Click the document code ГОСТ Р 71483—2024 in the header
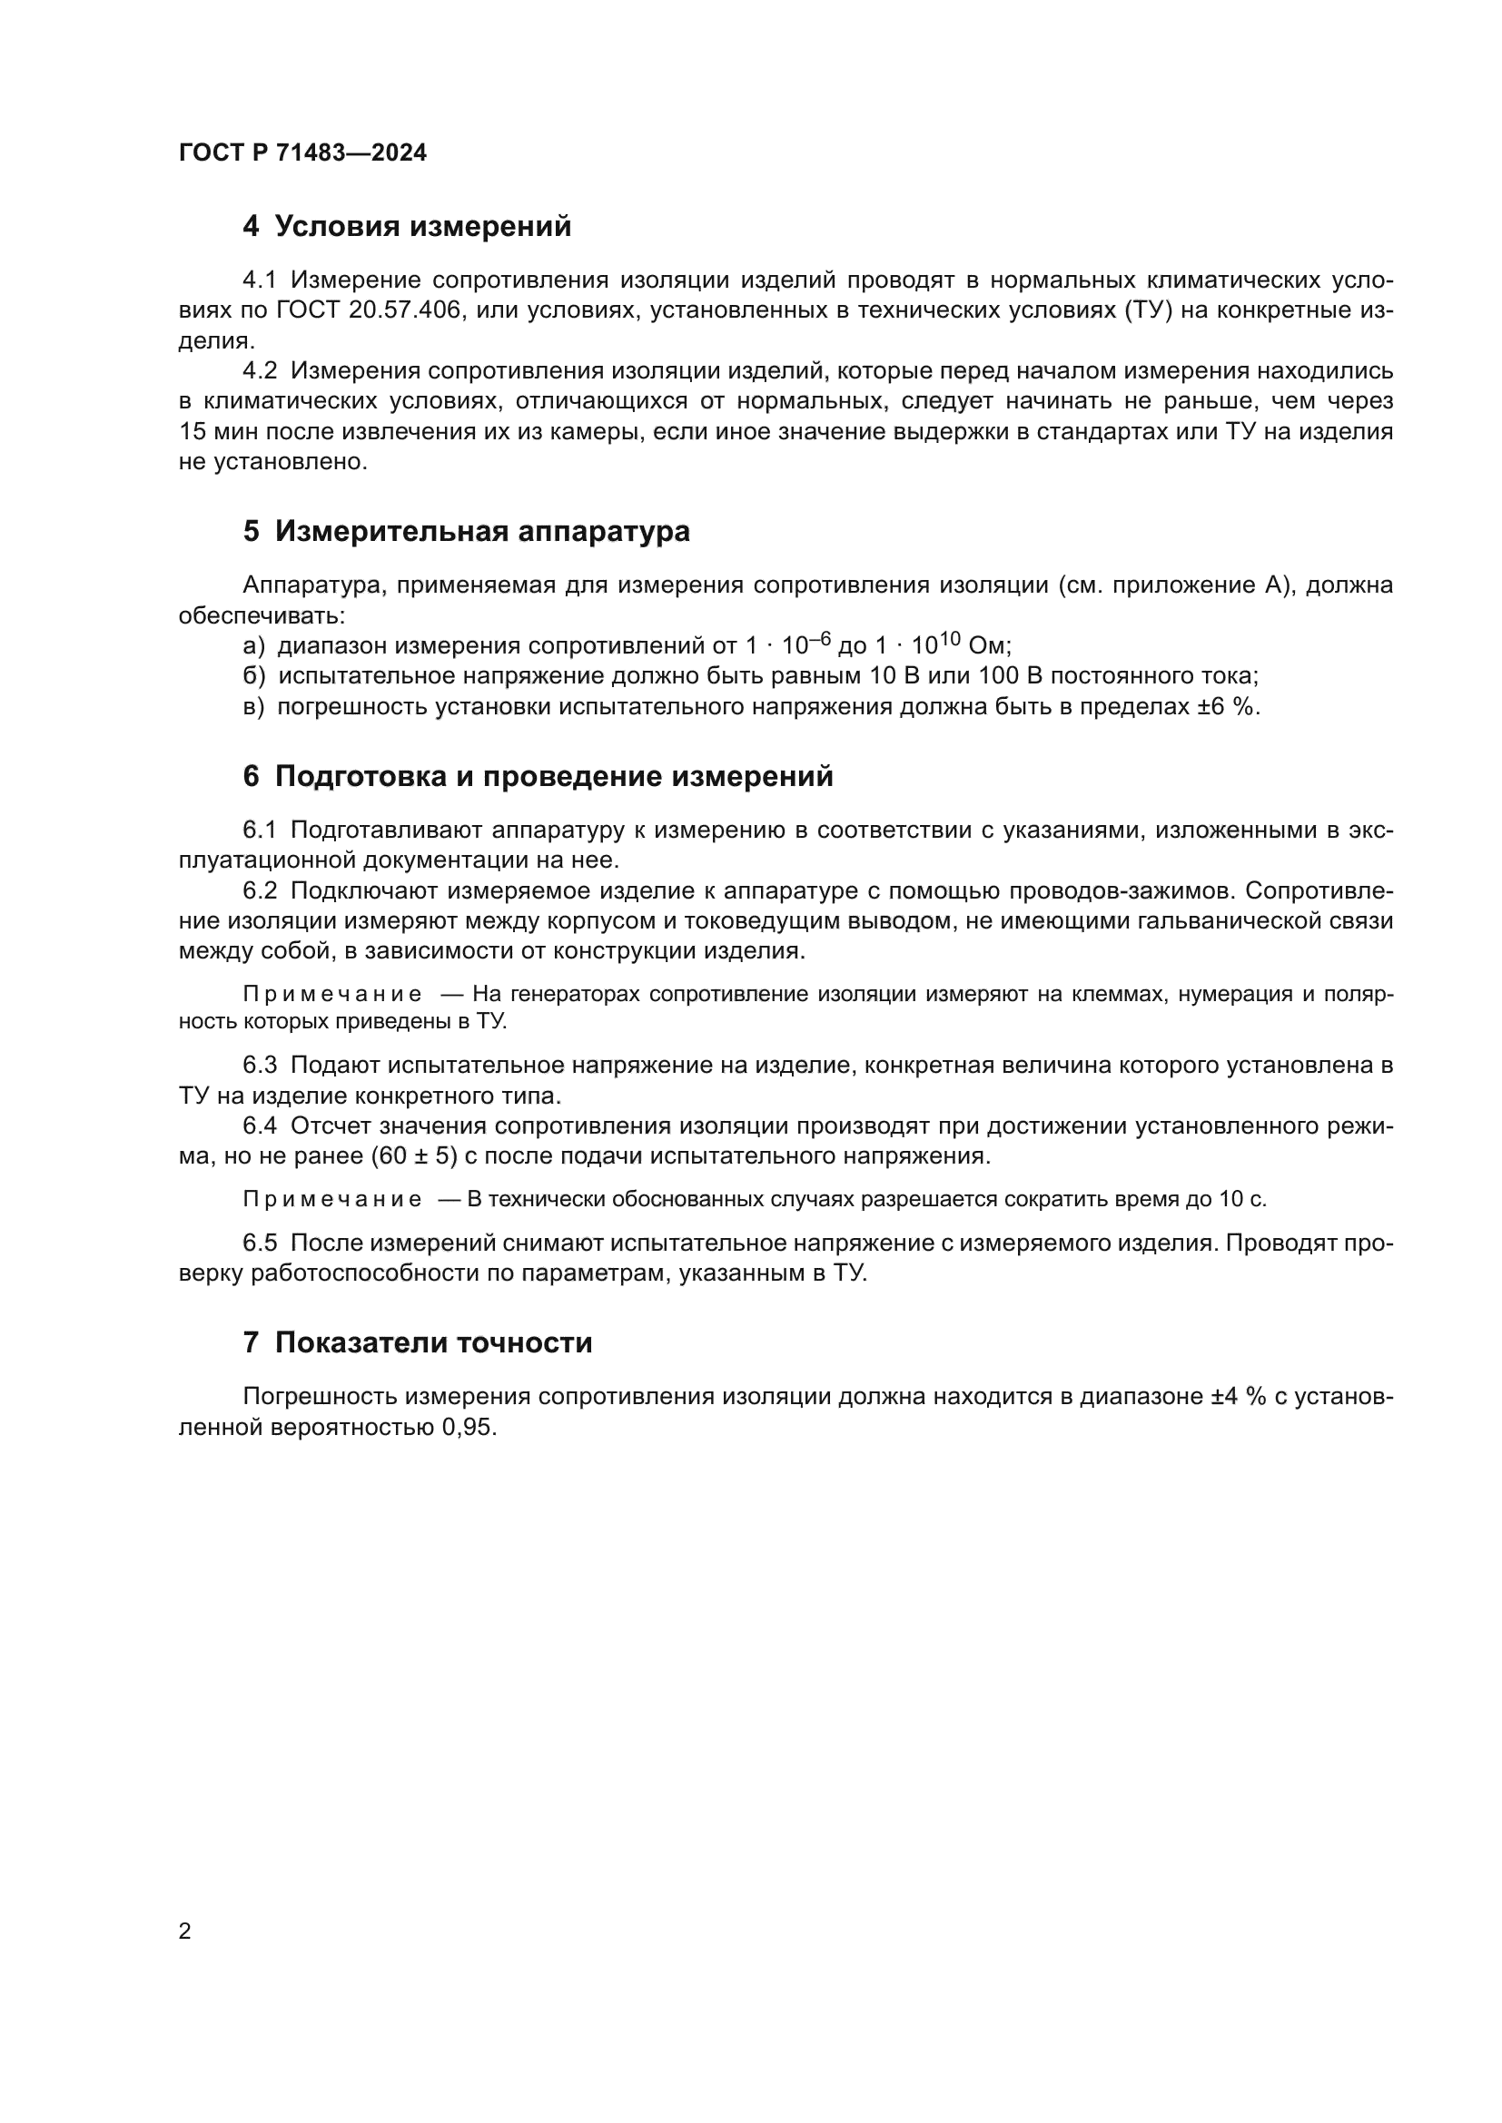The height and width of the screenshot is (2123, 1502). [x=302, y=152]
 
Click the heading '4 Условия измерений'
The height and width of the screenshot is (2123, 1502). [x=407, y=227]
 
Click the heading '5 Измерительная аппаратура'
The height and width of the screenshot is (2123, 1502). [x=466, y=532]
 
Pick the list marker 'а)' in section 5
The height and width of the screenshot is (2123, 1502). [x=253, y=646]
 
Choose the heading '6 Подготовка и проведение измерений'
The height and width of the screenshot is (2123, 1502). [x=538, y=777]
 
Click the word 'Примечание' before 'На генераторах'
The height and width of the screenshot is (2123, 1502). [x=332, y=995]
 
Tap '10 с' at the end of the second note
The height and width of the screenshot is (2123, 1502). [x=1242, y=1200]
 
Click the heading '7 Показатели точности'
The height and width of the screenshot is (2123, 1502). [x=417, y=1342]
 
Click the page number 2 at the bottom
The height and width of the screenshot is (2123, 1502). [x=185, y=1931]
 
